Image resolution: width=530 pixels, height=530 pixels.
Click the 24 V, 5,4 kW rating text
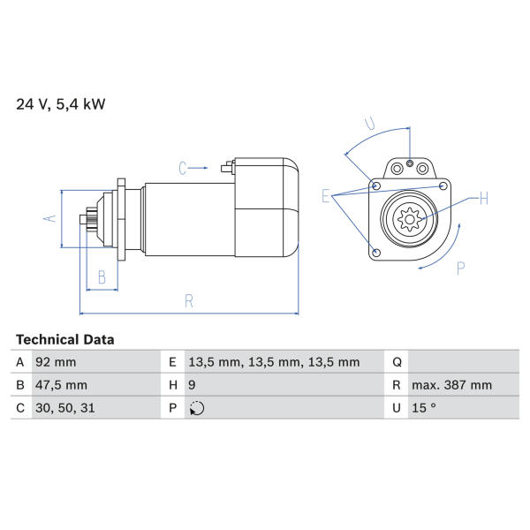point(61,104)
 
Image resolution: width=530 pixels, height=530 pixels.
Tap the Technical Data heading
point(64,339)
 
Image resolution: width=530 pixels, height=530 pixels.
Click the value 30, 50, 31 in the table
point(64,408)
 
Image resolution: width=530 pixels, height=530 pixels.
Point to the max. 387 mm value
point(451,385)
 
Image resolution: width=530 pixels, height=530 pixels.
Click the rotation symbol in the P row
point(197,408)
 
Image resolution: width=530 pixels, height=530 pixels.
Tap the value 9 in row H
point(192,385)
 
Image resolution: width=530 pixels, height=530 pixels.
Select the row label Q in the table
point(397,362)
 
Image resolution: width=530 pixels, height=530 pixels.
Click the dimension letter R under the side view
point(189,301)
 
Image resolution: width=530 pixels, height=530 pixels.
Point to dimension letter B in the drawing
point(102,277)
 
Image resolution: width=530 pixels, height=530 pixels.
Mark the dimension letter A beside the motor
point(49,218)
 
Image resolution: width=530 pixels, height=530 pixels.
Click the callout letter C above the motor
point(183,169)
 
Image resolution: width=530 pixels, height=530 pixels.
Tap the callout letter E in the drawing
point(325,196)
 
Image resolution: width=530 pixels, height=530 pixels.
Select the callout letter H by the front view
point(484,198)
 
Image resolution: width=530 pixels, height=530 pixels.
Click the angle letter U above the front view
point(370,124)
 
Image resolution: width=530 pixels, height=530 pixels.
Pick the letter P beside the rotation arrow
point(461,269)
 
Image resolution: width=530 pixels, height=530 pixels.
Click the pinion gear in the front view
point(409,219)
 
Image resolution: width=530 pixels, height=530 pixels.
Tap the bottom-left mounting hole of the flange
point(376,253)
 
